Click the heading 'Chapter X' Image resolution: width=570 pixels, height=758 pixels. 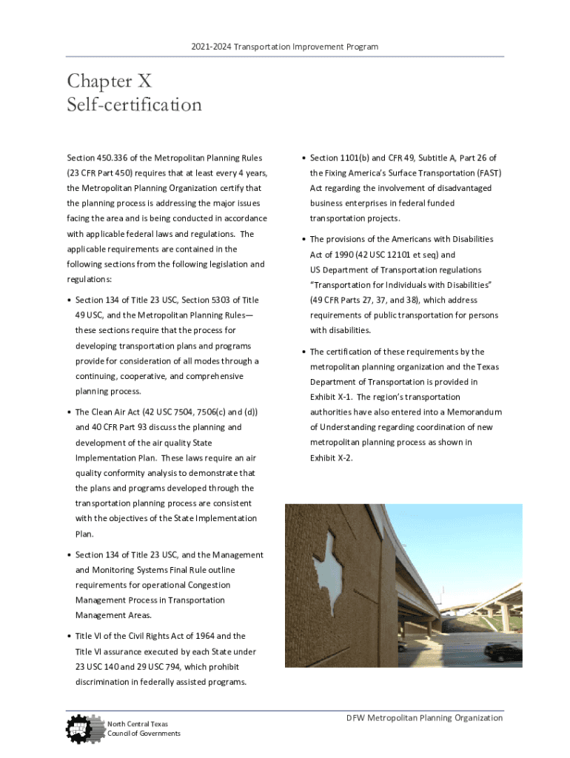[109, 81]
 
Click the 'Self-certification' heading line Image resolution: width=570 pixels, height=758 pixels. [134, 105]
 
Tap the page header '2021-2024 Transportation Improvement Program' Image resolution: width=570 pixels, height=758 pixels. [284, 47]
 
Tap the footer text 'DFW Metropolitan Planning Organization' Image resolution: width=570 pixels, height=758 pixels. [426, 717]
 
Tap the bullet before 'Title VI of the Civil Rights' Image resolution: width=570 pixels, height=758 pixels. [69, 637]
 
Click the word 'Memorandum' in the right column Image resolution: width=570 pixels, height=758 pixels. [474, 412]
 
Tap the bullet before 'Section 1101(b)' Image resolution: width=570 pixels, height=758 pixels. [304, 158]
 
